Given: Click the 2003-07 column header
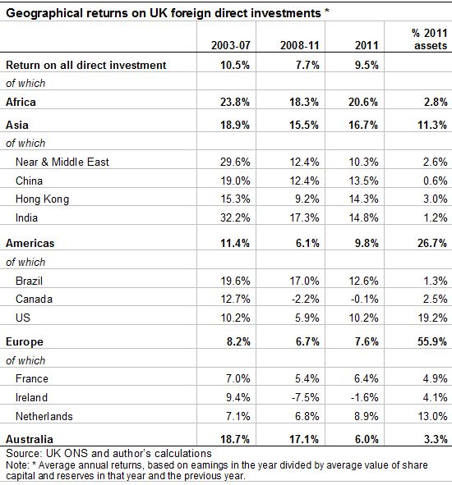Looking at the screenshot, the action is (x=231, y=45).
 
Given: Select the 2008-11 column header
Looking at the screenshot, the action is (x=300, y=45).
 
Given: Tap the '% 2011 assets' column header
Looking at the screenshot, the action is (x=429, y=39).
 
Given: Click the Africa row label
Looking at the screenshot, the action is (x=21, y=102).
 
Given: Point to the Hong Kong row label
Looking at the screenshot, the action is (x=42, y=199).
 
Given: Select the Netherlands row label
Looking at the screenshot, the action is (x=44, y=416).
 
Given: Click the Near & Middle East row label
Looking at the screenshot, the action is (x=62, y=162).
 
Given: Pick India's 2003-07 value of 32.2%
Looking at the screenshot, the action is (x=235, y=217).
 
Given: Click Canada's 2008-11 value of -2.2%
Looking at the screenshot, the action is (x=305, y=299).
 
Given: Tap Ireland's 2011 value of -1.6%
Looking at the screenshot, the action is (x=364, y=397).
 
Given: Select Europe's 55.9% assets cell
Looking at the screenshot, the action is (x=432, y=341).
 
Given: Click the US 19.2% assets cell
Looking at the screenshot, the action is (x=432, y=318).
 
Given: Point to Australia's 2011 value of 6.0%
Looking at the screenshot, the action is (x=367, y=439).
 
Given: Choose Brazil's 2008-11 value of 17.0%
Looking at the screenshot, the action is (x=304, y=281).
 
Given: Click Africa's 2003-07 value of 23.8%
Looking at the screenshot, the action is (x=235, y=102).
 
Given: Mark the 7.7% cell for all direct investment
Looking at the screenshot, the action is (x=307, y=66).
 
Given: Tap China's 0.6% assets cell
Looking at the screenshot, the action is (x=436, y=181).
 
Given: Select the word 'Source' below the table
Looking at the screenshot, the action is (x=23, y=454).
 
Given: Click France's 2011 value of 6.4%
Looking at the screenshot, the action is (x=367, y=378).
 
